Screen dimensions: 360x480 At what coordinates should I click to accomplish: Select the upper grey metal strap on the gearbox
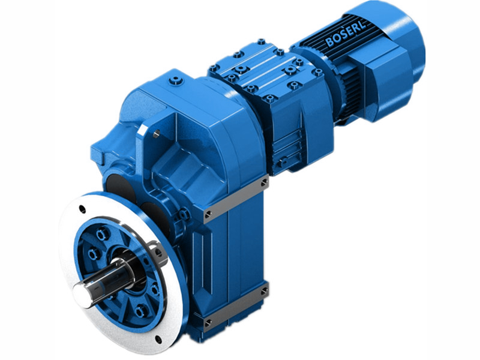pyautogui.click(x=234, y=197)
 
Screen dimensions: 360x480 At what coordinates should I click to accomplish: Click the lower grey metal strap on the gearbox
pyautogui.click(x=234, y=307)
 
